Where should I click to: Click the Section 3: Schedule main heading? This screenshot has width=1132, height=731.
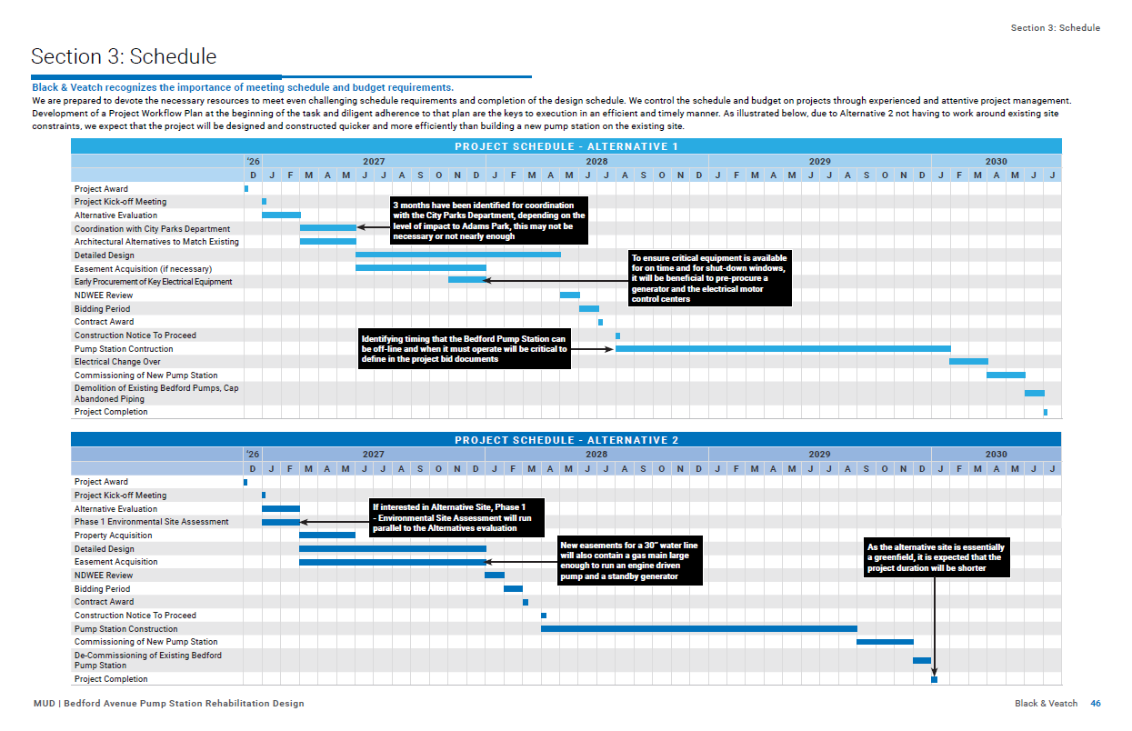coord(124,56)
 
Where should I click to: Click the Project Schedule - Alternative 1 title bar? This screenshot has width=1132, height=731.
coord(566,146)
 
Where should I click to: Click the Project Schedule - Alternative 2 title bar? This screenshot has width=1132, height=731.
coord(566,439)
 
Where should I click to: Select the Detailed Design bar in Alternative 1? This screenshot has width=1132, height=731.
coord(458,255)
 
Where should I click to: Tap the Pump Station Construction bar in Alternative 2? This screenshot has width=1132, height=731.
coord(699,629)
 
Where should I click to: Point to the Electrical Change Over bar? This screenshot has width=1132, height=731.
coord(968,362)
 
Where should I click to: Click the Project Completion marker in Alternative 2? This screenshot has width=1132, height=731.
coord(935,679)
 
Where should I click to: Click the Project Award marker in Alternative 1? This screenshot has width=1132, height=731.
coord(246,189)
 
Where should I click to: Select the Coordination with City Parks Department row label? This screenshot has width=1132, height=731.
coord(152,229)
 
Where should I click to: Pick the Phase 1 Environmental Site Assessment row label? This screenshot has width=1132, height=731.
coord(152,522)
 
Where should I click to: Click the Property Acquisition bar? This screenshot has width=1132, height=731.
coord(327,535)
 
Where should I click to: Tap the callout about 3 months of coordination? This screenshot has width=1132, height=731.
coord(489,220)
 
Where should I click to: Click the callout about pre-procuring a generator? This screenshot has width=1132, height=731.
coord(709,278)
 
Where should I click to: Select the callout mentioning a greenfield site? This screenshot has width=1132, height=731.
coord(937,557)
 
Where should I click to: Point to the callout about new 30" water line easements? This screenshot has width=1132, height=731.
coord(630,561)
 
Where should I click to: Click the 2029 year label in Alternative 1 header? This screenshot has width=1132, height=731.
coord(820,162)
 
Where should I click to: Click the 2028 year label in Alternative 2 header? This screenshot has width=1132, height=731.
coord(596,455)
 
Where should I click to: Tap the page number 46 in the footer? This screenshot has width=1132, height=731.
coord(1095,703)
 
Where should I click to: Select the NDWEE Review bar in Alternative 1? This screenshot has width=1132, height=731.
coord(570,295)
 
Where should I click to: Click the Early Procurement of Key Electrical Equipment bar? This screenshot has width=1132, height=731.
coord(467,280)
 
